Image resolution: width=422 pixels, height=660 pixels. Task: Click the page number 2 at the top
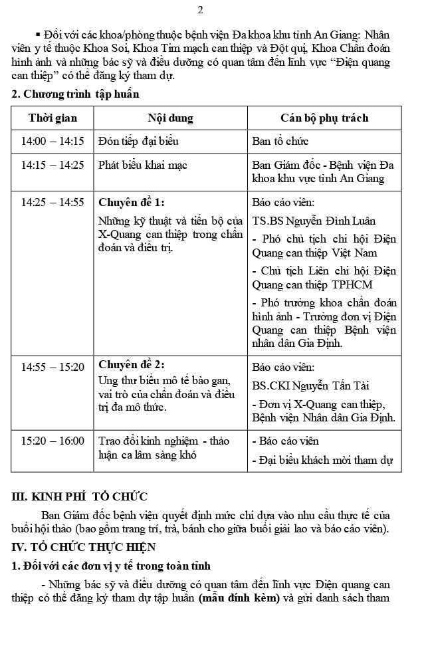tap(201, 10)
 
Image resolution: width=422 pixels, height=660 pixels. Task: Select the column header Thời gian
tap(53, 118)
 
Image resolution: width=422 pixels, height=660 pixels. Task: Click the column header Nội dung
tap(170, 118)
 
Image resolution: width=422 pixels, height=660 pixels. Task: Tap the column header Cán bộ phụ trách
tap(324, 118)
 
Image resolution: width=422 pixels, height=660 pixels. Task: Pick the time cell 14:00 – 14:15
tap(53, 141)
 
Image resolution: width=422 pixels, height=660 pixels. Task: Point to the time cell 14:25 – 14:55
tap(53, 202)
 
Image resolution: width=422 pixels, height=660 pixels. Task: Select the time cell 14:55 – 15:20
tap(53, 366)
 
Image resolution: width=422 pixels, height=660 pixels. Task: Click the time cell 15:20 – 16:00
tap(53, 441)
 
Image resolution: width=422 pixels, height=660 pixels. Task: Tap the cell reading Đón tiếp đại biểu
tap(138, 141)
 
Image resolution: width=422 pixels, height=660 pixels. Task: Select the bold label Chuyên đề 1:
tap(132, 202)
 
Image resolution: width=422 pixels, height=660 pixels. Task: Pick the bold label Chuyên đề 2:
tap(132, 365)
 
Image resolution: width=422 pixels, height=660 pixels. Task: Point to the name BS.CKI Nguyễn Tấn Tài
tap(311, 385)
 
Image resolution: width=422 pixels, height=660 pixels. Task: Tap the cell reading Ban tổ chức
tap(280, 141)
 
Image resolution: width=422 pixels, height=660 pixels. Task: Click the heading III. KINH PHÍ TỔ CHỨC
tap(80, 496)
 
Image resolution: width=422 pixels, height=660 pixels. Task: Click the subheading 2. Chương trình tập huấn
tap(76, 94)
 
